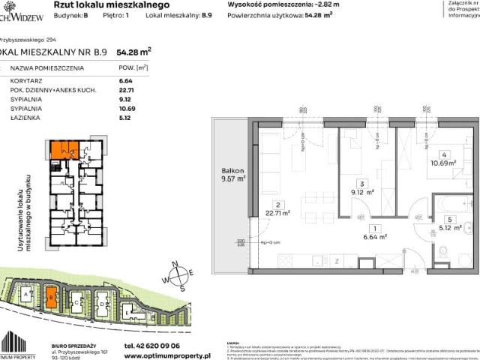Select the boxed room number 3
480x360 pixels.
point(362,183)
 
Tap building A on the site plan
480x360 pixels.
point(27,298)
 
